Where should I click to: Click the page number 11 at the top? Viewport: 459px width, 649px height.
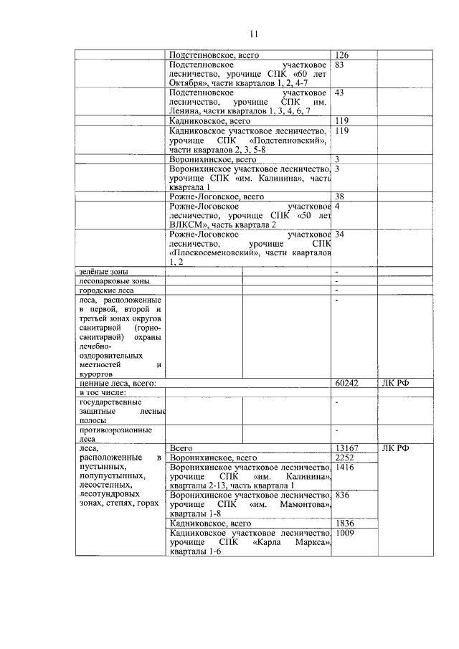tap(254, 34)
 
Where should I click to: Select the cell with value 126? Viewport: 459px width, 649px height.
tap(341, 55)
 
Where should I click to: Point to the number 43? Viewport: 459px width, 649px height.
tap(340, 93)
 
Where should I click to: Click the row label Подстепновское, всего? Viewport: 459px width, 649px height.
tap(214, 55)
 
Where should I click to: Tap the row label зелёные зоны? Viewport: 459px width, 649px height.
tap(100, 272)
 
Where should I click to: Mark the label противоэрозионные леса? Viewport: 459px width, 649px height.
tap(105, 435)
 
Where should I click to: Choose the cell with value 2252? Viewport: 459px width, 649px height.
tap(345, 458)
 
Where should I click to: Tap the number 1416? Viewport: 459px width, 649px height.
tap(345, 467)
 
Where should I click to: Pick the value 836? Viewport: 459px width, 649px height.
tap(342, 495)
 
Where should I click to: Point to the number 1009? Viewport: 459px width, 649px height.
tap(345, 533)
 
